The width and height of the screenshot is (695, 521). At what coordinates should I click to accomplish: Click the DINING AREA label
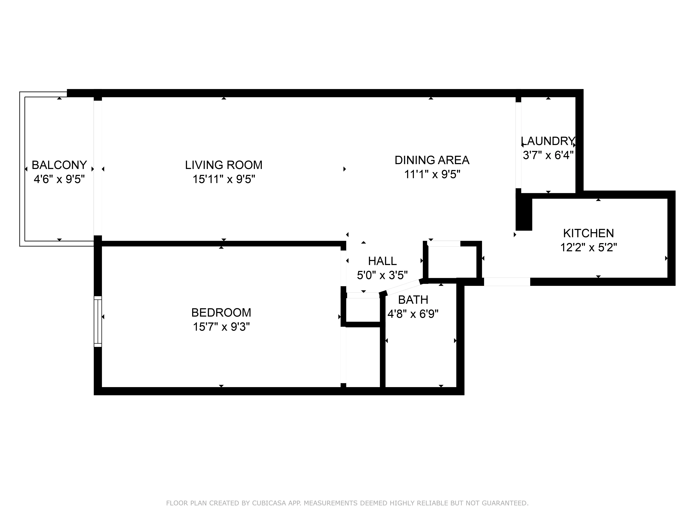pos(432,160)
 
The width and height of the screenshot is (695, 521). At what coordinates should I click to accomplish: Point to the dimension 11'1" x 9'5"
pos(432,174)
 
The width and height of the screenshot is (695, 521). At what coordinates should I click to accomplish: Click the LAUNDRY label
pos(548,141)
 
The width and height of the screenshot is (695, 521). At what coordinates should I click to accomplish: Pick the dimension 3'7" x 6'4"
pos(548,155)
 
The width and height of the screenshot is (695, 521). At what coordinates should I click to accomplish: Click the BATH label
pos(413,300)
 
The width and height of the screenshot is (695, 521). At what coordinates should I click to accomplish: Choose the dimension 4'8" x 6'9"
pos(413,314)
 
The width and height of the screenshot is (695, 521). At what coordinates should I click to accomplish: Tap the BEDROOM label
pos(221,313)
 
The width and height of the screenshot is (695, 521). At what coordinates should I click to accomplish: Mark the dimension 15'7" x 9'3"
pos(221,327)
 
